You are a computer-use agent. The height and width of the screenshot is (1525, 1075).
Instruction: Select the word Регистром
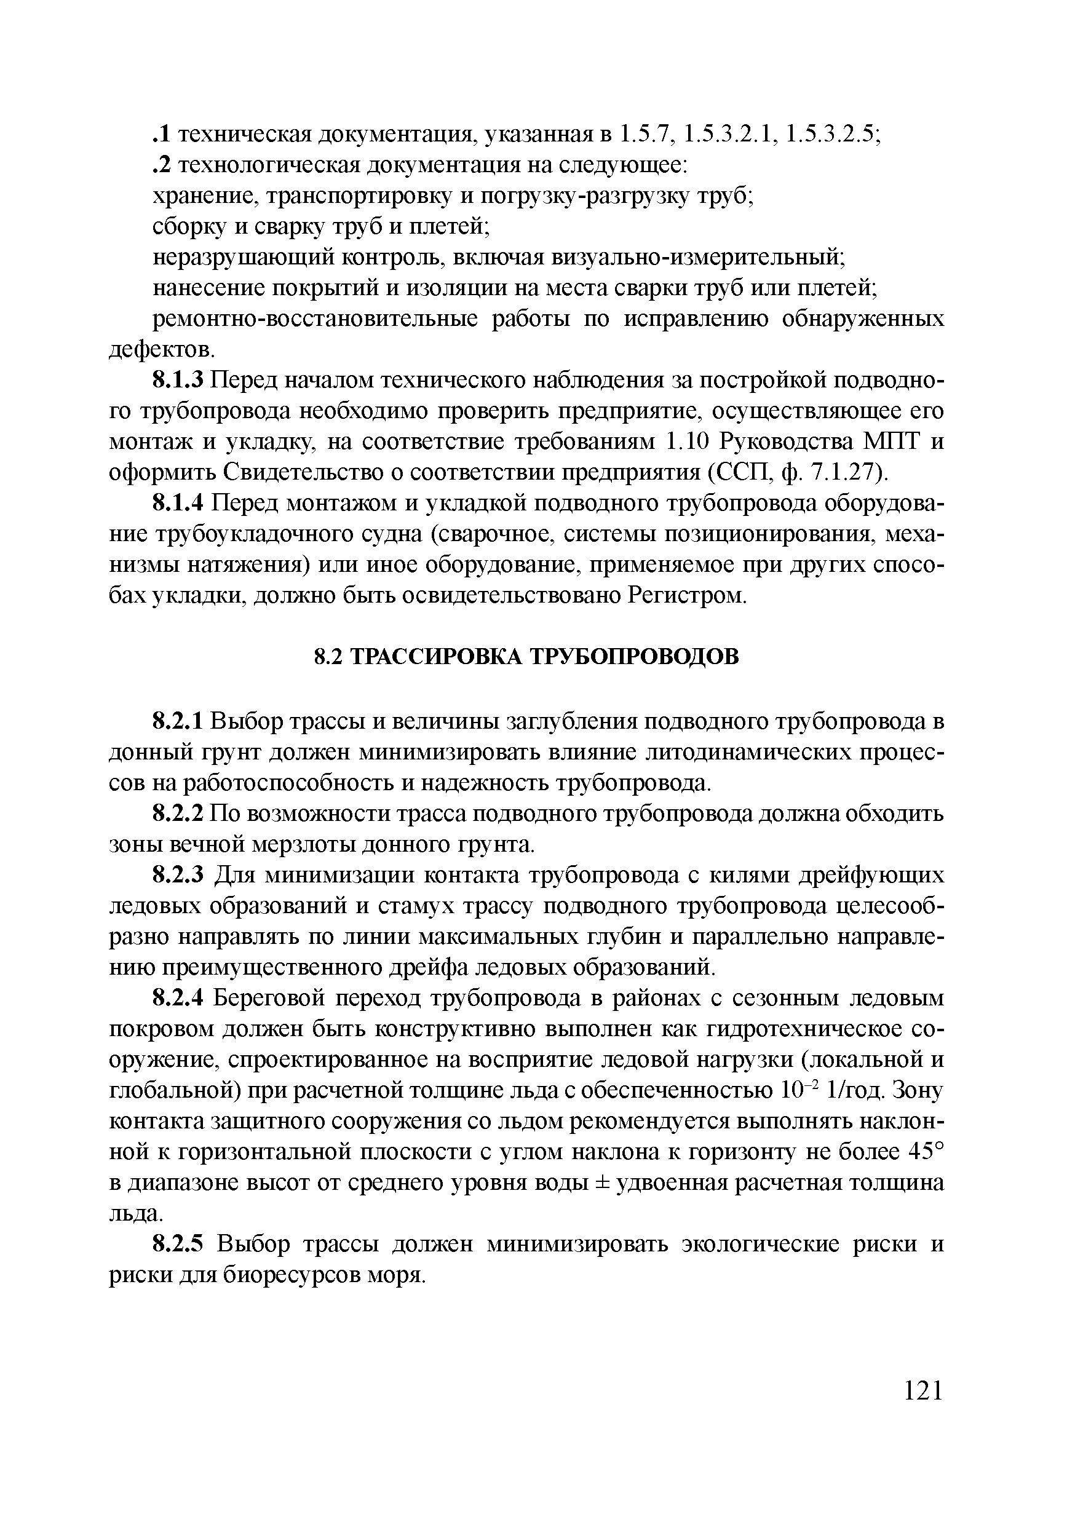click(687, 596)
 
